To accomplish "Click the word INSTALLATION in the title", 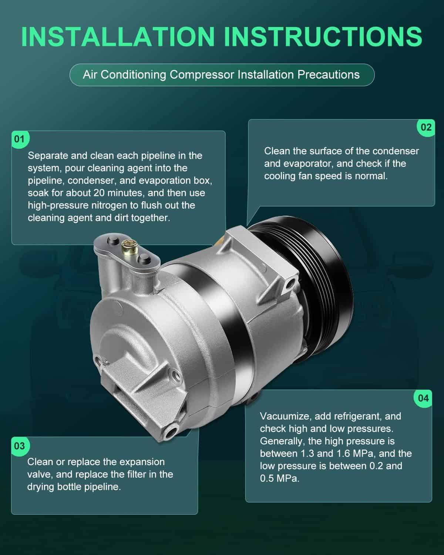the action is (118, 37).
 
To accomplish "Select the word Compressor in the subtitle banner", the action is (202, 75).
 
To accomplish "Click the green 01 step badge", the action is (20, 139).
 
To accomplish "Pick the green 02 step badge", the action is (426, 127).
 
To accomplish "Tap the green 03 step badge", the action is (20, 446).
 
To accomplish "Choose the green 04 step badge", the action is (423, 398).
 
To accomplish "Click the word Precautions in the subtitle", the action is (328, 75).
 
